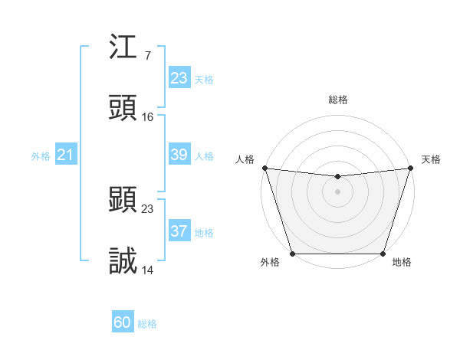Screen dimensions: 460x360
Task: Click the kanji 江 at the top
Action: pyautogui.click(x=123, y=48)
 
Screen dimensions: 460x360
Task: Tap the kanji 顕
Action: pyautogui.click(x=123, y=201)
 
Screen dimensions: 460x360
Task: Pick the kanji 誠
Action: pyautogui.click(x=123, y=260)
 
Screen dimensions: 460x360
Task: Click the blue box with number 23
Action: pyautogui.click(x=179, y=78)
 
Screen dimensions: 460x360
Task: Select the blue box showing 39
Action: pyautogui.click(x=179, y=155)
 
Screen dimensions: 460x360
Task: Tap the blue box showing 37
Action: pyautogui.click(x=179, y=231)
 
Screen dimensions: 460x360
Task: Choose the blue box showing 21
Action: pyautogui.click(x=66, y=155)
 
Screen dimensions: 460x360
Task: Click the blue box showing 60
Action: pyautogui.click(x=123, y=323)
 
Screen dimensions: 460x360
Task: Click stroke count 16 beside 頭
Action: pyautogui.click(x=148, y=116)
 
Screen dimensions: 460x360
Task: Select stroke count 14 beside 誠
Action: pyautogui.click(x=148, y=270)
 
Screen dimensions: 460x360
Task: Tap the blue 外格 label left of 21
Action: pyautogui.click(x=41, y=156)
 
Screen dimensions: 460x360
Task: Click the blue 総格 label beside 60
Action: pyautogui.click(x=147, y=324)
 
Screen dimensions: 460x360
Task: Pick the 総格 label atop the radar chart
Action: pyautogui.click(x=338, y=100)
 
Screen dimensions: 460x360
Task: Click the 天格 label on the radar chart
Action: pyautogui.click(x=432, y=159)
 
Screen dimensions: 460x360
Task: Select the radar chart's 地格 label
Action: pyautogui.click(x=402, y=262)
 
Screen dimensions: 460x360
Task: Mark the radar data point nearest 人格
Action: pyautogui.click(x=264, y=168)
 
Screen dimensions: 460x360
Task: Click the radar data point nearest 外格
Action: pyautogui.click(x=292, y=254)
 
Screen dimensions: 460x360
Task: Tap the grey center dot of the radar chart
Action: pyautogui.click(x=337, y=191)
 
